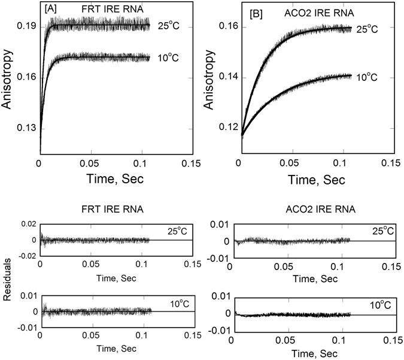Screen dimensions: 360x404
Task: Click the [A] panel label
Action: pyautogui.click(x=50, y=10)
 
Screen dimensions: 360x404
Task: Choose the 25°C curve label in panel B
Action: pyautogui.click(x=367, y=28)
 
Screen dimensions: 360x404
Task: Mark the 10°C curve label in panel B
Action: pyautogui.click(x=367, y=77)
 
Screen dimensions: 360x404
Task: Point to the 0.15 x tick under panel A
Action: pyautogui.click(x=192, y=162)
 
